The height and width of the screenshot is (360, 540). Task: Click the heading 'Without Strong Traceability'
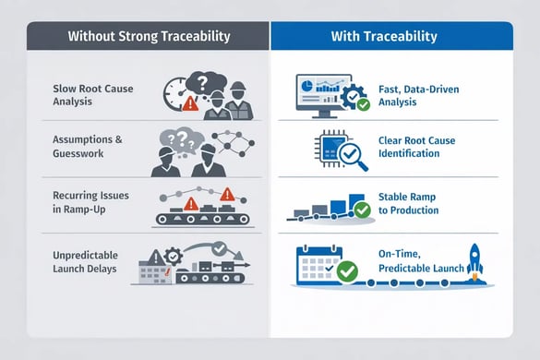[x=148, y=37]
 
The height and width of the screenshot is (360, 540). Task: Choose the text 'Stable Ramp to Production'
[x=409, y=203]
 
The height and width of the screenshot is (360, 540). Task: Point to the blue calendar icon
[x=318, y=262]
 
